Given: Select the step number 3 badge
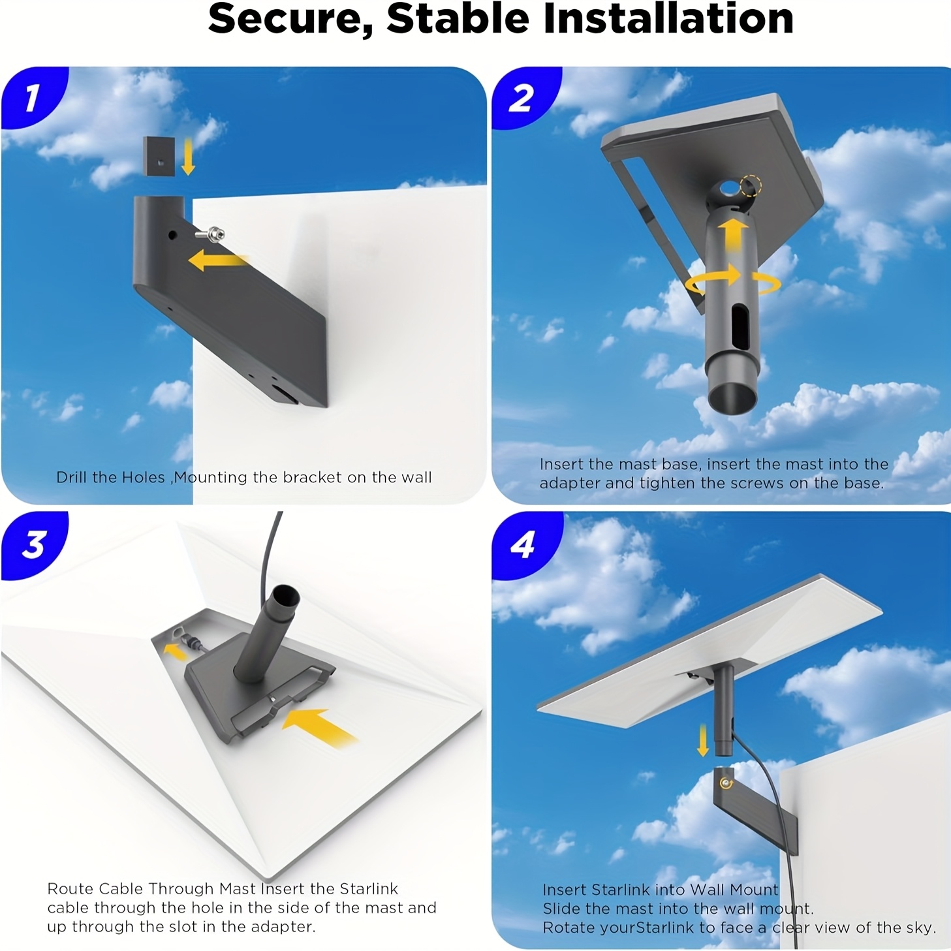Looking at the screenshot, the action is coord(32,544).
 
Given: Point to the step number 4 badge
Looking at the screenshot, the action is coord(522,544).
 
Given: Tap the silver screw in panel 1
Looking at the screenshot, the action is coord(210,233).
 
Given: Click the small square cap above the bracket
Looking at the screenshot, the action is coord(159,156).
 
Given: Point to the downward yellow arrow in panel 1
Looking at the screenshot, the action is coord(187,157).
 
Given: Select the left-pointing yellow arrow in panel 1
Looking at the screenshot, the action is coord(217,260).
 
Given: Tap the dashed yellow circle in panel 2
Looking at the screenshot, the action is coord(750,187).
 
